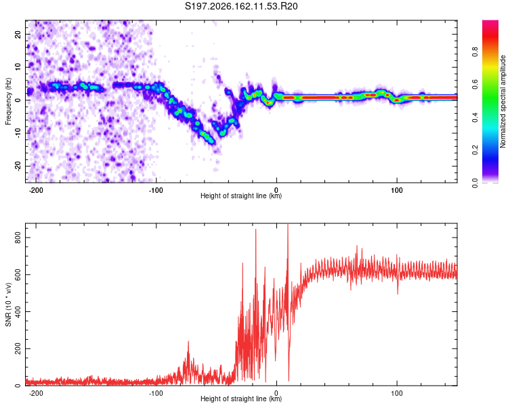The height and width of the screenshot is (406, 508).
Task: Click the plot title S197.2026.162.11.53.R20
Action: tap(241, 6)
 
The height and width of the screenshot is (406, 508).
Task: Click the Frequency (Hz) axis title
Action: tap(8, 101)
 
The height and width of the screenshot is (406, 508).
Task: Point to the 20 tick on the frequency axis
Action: tap(18, 35)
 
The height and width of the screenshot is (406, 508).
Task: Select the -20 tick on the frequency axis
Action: tap(18, 166)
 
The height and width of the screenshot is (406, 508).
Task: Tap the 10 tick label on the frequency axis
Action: tap(18, 67)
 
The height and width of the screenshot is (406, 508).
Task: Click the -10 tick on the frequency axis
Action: tap(18, 133)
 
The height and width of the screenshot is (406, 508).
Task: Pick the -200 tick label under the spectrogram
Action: tap(36, 190)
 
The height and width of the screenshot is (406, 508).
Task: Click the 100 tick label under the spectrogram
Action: tap(396, 190)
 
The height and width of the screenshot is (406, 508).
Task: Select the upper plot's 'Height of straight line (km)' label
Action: tap(241, 196)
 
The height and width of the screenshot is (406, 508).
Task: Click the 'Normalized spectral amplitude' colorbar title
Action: tap(503, 101)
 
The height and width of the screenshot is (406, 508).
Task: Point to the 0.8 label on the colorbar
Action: tap(475, 52)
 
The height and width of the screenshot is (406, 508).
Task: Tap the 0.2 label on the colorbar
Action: tap(475, 150)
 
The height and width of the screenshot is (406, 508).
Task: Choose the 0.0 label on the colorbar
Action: tap(475, 183)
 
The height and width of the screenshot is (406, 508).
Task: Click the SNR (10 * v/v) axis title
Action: tap(8, 304)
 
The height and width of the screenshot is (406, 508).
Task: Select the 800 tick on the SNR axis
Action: tap(18, 238)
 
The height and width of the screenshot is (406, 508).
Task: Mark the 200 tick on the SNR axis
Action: tap(18, 348)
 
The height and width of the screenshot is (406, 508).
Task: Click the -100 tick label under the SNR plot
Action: tap(156, 393)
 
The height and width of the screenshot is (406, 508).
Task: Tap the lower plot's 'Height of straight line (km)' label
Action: tap(241, 399)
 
